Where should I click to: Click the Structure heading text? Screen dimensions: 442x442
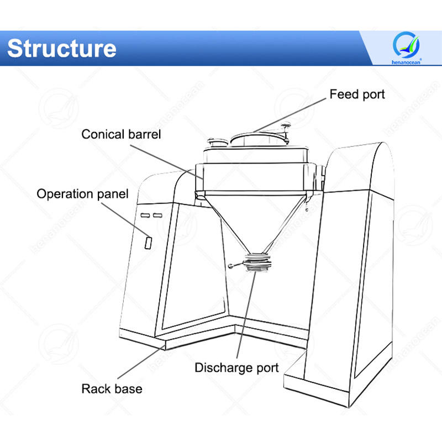[x=62, y=48]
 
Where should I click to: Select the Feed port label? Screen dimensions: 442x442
[x=357, y=94]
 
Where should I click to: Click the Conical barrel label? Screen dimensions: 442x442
[x=121, y=134]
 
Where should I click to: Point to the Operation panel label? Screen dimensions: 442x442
[x=82, y=194]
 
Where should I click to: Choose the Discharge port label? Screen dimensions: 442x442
[x=236, y=367]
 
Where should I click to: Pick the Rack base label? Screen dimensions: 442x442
[x=112, y=388]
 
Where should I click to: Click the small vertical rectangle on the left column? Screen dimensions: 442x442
[x=149, y=242]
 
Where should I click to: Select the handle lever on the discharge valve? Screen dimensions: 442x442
[x=236, y=266]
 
